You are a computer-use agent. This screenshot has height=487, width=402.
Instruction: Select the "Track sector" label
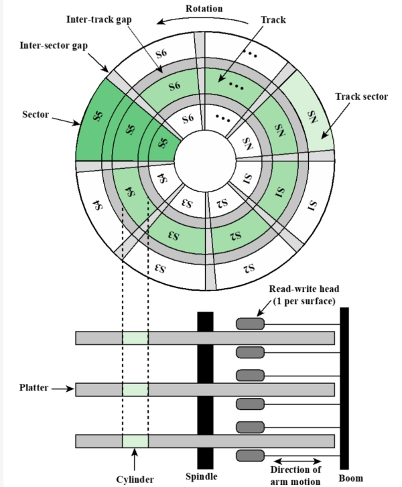click(x=361, y=96)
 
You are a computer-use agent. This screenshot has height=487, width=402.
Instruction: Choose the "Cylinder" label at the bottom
click(x=135, y=478)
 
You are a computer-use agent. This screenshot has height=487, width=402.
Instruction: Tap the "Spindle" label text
click(x=202, y=477)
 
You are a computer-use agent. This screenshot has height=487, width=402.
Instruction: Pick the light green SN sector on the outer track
click(x=311, y=115)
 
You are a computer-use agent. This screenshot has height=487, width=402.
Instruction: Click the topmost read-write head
click(x=250, y=324)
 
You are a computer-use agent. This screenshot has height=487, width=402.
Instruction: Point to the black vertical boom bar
click(x=344, y=389)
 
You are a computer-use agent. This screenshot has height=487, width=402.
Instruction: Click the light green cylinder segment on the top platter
click(x=135, y=338)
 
